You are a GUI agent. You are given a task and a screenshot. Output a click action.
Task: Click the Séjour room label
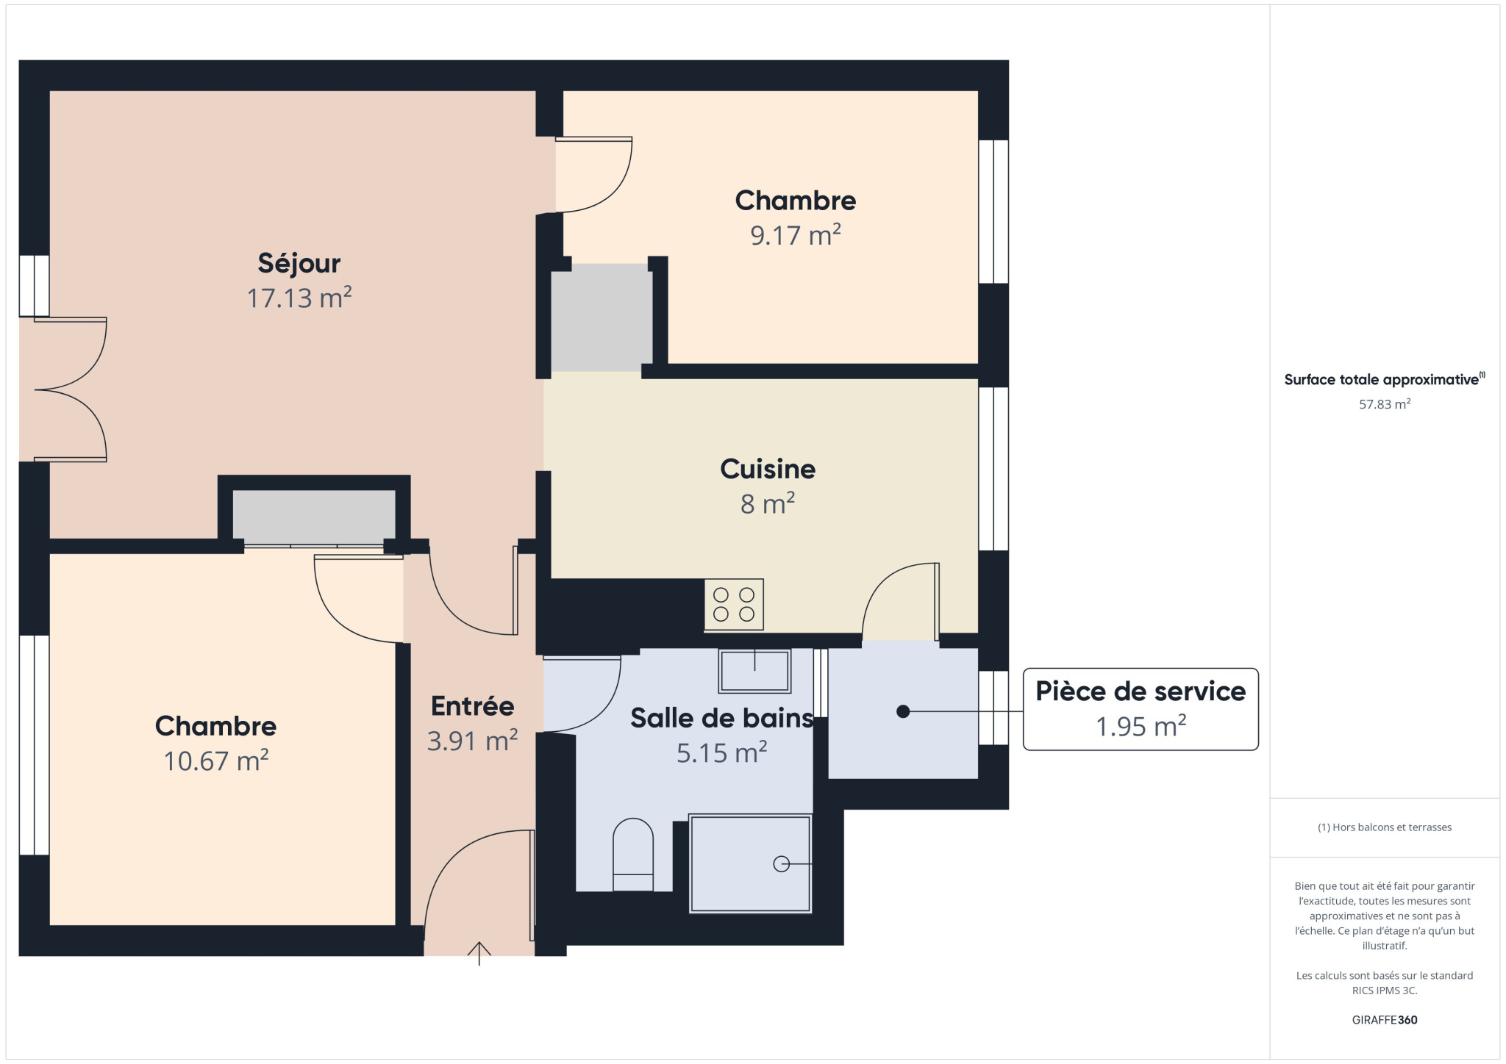(x=299, y=263)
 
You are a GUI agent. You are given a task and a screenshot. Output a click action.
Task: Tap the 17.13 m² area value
(x=299, y=298)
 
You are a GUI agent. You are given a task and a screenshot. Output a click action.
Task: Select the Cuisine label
(x=768, y=469)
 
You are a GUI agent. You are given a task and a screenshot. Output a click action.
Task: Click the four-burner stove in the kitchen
(x=733, y=605)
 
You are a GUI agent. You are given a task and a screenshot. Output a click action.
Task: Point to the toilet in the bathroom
(x=633, y=855)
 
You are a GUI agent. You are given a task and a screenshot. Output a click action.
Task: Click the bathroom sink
(x=754, y=671)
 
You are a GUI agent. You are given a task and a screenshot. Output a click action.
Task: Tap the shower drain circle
(x=781, y=864)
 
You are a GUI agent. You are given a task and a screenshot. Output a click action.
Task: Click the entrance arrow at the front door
(x=479, y=953)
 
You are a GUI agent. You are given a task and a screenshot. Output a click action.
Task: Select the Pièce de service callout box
(x=1141, y=709)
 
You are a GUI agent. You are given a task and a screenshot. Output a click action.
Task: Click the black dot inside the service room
(x=903, y=711)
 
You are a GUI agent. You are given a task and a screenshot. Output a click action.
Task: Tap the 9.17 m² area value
(x=795, y=235)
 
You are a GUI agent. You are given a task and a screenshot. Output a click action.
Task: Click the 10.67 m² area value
(x=215, y=761)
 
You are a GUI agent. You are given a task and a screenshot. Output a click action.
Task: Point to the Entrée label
(x=472, y=706)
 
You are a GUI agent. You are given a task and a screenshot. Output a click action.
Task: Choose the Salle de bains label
(x=721, y=718)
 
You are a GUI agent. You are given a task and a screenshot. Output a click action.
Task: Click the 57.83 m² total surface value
(x=1384, y=404)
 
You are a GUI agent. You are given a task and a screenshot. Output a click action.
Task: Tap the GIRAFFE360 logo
(x=1384, y=1020)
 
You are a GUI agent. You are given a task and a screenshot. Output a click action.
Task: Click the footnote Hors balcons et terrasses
(x=1384, y=827)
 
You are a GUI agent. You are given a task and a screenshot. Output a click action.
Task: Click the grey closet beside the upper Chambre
(x=602, y=317)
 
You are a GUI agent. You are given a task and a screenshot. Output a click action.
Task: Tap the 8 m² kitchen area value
(x=768, y=504)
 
